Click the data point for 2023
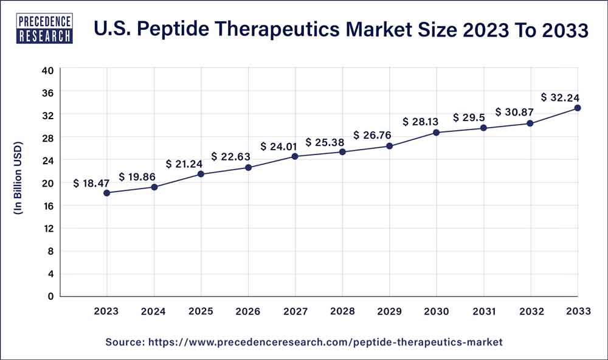point(107,193)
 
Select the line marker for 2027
point(295,156)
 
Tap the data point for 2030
point(436,133)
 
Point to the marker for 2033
point(578,108)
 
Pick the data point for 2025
point(201,175)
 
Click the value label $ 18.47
point(93,183)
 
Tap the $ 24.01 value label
point(280,146)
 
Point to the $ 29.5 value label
point(468,117)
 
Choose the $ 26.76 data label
point(373,135)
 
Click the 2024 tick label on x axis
point(154,311)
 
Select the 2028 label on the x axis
point(342,311)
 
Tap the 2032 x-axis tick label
point(530,311)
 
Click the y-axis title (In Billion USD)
point(18,183)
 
